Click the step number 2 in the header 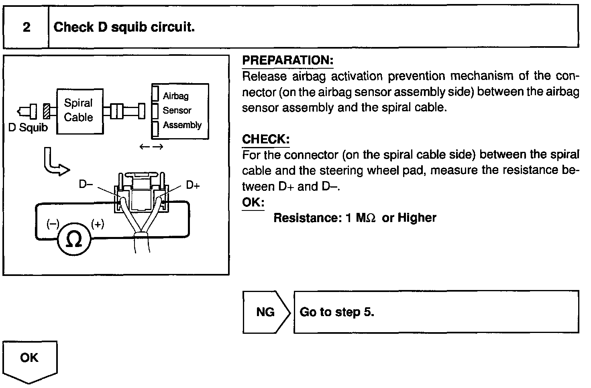(26, 27)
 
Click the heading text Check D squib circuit (124, 27)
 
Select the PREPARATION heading (287, 61)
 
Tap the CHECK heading (265, 139)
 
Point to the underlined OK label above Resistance (253, 202)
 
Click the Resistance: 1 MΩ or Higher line (355, 218)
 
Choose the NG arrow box (265, 312)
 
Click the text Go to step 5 (337, 312)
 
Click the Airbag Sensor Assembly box (180, 111)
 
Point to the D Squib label (28, 128)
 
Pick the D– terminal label (86, 185)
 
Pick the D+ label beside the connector (193, 186)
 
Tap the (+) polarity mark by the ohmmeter (98, 224)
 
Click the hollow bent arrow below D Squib (54, 162)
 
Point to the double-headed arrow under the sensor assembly (151, 147)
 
